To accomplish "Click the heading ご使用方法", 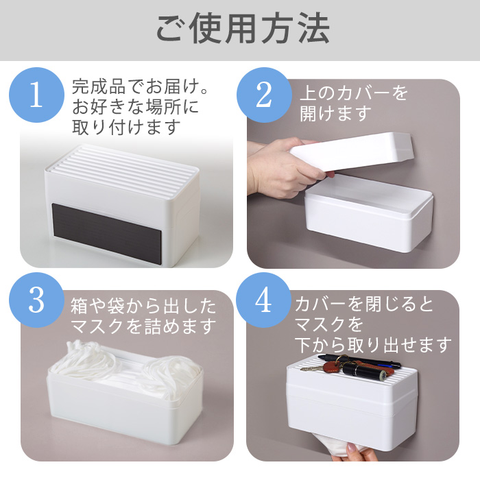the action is pos(243,29).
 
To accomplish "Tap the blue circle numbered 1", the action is pos(37,95).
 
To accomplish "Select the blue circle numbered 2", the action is pos(264,95).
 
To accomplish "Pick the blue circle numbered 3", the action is pos(37,300).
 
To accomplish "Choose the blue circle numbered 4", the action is pos(264,300).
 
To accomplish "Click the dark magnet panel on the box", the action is pos(106,232).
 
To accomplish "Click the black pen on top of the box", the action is pos(359,361).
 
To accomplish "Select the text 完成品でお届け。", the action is pos(141,86).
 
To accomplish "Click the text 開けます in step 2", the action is pos(336,113).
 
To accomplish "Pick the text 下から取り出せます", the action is pos(373,345).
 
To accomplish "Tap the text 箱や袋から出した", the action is pos(143,306).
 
